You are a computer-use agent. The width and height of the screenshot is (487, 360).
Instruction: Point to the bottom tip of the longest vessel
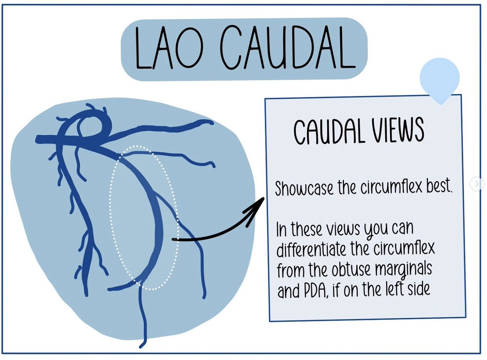[x=142, y=345]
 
